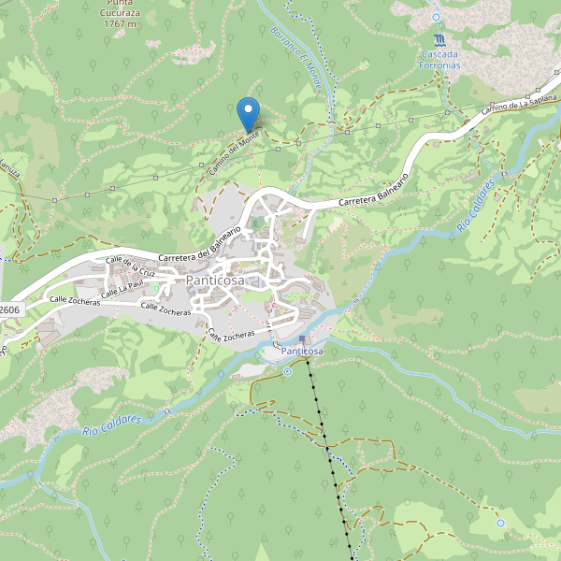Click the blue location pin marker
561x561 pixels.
pos(248,114)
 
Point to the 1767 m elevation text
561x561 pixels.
pos(121,23)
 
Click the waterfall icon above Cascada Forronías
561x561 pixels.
pos(439,39)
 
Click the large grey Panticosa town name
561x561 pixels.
pos(215,280)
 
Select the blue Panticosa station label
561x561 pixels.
pos(302,351)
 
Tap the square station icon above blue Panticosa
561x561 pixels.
pos(302,338)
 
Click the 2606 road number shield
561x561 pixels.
pos(9,309)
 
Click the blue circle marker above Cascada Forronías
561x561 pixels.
pos(436,17)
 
